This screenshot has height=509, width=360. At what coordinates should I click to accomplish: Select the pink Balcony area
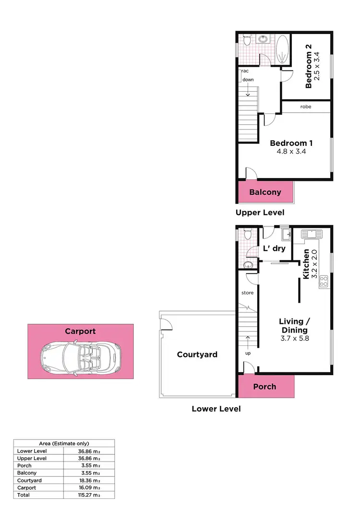coord(265,192)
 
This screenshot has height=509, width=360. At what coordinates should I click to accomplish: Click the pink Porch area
coord(264,387)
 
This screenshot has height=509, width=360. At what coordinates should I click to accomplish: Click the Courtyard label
coord(197,355)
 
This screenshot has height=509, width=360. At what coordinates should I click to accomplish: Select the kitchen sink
coord(312,235)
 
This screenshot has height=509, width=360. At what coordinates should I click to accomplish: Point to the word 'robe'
coord(306,107)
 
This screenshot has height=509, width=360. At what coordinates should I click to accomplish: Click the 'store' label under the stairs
coord(247,292)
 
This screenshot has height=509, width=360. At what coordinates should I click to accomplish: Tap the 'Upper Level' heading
coord(260,213)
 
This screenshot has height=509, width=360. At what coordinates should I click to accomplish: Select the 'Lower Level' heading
coord(216,409)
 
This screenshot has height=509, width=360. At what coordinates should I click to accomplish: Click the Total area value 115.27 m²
coord(90,495)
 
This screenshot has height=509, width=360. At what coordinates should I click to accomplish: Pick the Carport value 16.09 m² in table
coord(90,487)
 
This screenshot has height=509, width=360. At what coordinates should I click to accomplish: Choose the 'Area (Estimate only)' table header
coord(64,444)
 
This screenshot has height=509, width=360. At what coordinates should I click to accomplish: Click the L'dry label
coord(276,249)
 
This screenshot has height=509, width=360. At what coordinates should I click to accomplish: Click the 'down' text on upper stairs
coord(248,80)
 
